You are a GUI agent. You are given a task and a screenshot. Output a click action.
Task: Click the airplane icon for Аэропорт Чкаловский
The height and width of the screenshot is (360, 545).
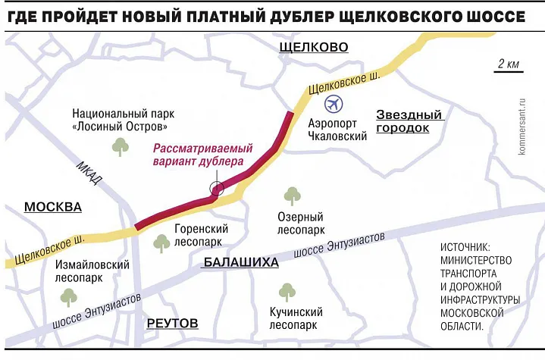tap(333, 105)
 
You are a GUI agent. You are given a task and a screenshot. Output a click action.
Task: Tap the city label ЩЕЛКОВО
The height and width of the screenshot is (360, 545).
tap(313, 48)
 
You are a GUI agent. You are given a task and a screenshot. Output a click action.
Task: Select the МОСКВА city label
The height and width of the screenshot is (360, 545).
tap(52, 207)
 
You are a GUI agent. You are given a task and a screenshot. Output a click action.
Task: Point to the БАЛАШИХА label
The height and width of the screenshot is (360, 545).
tap(240, 262)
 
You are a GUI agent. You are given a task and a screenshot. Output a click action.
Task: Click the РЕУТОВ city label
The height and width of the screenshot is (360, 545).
tap(171, 323)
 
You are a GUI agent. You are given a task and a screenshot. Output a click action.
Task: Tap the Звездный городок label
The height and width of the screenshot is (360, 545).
tap(409, 121)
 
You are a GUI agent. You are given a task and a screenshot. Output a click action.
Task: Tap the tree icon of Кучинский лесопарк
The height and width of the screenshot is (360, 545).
tap(287, 291)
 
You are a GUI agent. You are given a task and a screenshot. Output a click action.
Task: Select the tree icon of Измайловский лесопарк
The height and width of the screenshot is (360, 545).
tap(69, 296)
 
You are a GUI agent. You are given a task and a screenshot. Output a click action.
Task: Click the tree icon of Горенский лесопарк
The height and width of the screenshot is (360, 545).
tap(161, 243)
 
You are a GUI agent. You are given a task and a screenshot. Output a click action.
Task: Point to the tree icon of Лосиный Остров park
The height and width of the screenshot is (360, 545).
tap(120, 146)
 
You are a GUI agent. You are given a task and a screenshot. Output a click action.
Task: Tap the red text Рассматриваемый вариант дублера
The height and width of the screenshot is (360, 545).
tap(202, 155)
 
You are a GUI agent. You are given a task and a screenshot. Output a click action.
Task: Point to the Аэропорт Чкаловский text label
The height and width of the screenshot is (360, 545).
tap(339, 130)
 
